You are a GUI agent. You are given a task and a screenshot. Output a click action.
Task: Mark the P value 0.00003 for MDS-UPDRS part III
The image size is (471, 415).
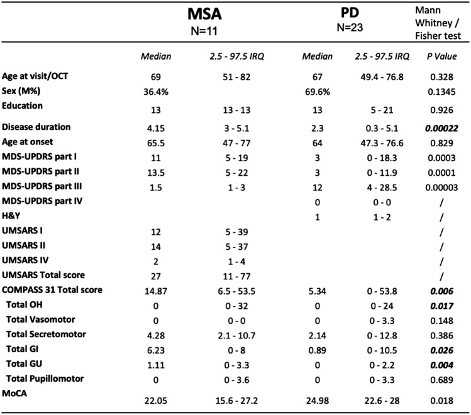coord(443,186)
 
